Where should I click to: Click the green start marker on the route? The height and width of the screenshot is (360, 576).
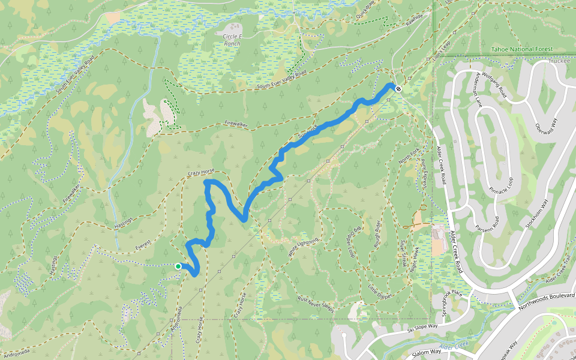pos(178,266)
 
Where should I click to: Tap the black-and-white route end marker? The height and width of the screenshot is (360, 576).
pos(398,88)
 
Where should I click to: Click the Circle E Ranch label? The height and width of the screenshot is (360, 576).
pos(232,40)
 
